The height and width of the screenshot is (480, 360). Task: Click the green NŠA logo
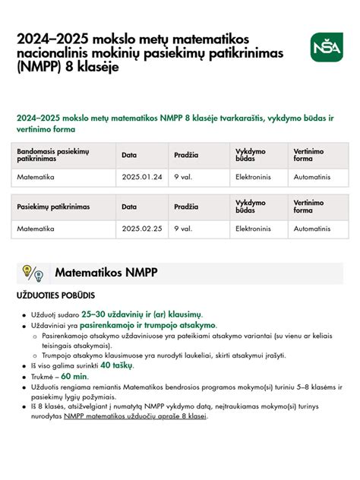(327, 48)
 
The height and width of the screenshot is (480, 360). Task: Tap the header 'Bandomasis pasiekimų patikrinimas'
(53, 156)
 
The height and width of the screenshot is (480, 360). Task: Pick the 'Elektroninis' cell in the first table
(254, 176)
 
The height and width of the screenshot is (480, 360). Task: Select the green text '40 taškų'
(116, 365)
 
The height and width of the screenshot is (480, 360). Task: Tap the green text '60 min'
(74, 376)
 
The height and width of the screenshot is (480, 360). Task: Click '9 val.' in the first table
(182, 176)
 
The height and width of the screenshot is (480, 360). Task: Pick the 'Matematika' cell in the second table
(36, 228)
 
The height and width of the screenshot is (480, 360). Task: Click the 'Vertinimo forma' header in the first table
(309, 156)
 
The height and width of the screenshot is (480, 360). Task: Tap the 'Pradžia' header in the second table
(186, 207)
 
